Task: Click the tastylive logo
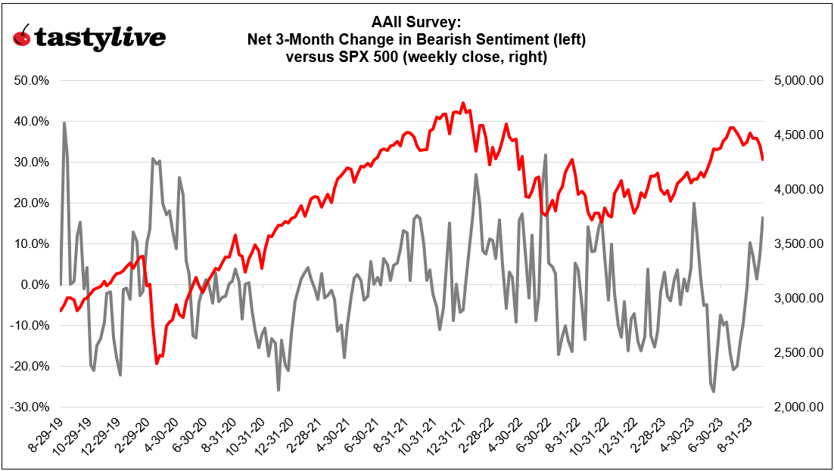89,39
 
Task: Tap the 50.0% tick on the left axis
31,80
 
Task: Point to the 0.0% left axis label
34,285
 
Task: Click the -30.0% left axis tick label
30,407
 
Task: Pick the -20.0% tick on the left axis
30,367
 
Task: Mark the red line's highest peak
463,103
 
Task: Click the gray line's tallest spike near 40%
64,122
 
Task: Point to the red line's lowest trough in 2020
157,364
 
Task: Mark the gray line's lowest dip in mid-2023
714,392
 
